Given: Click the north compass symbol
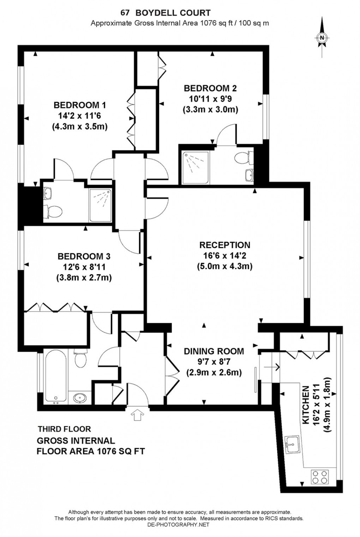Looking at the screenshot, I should pyautogui.click(x=322, y=38).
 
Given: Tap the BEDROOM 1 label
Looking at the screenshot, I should pyautogui.click(x=79, y=105).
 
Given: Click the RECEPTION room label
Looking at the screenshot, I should pyautogui.click(x=224, y=245).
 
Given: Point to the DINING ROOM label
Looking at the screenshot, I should pyautogui.click(x=214, y=351).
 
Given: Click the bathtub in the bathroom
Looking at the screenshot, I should pyautogui.click(x=55, y=376).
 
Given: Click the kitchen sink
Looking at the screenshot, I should pyautogui.click(x=292, y=444).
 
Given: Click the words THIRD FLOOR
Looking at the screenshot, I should pyautogui.click(x=64, y=429).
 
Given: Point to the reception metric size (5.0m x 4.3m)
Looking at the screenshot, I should pyautogui.click(x=224, y=266).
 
